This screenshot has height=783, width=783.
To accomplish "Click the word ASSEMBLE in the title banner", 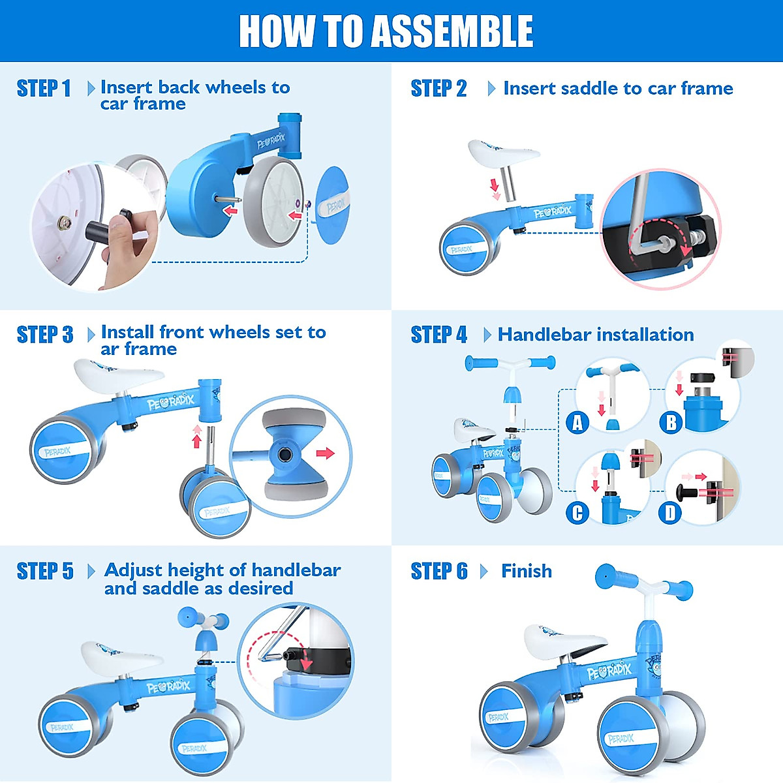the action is (x=452, y=31).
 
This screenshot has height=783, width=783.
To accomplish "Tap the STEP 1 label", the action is (x=44, y=89).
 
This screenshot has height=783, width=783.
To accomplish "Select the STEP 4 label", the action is (x=439, y=335).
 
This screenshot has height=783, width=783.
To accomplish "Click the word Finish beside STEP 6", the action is (x=527, y=571).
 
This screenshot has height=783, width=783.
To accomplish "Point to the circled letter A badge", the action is (x=577, y=423).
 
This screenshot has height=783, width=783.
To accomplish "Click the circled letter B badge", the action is (x=671, y=423).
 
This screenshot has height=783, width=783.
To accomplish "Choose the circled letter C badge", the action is (x=577, y=514).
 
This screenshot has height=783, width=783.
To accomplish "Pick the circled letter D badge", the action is (x=670, y=514).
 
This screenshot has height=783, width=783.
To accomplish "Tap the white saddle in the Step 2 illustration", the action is (x=503, y=153).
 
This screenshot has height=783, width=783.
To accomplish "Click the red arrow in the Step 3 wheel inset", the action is (x=325, y=453).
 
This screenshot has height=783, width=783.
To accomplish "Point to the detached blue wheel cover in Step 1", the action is (x=332, y=205).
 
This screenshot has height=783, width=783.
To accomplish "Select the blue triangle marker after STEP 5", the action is (x=91, y=572).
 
